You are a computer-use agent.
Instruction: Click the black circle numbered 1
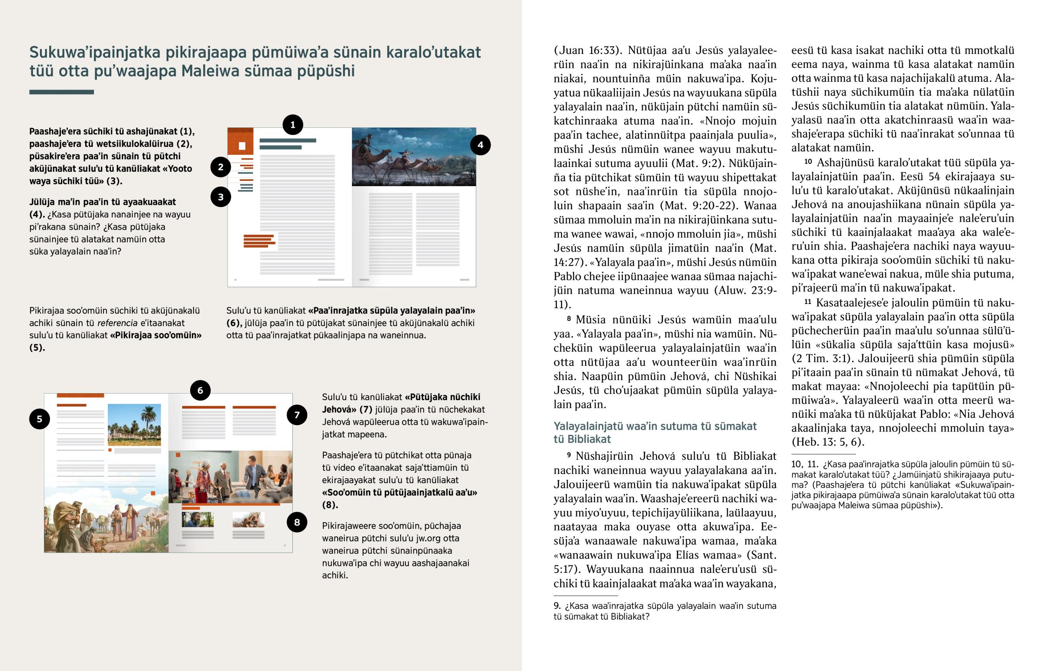[293, 125]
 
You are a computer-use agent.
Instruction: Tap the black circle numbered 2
[221, 167]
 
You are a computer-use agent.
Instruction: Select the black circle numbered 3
[221, 197]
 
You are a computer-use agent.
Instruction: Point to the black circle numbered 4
[480, 145]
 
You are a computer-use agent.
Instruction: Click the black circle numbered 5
[39, 419]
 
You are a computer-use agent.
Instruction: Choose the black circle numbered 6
[200, 391]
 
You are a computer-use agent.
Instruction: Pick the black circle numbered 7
[297, 415]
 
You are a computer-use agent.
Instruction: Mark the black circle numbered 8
[297, 522]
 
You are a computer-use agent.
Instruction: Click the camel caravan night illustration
[414, 157]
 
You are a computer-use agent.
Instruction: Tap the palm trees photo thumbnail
[134, 425]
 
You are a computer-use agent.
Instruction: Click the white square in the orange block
[242, 146]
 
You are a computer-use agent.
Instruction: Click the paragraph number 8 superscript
[569, 319]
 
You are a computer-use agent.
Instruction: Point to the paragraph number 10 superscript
[808, 162]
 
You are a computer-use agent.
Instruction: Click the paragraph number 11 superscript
[807, 301]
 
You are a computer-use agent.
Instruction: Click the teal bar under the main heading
[61, 92]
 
